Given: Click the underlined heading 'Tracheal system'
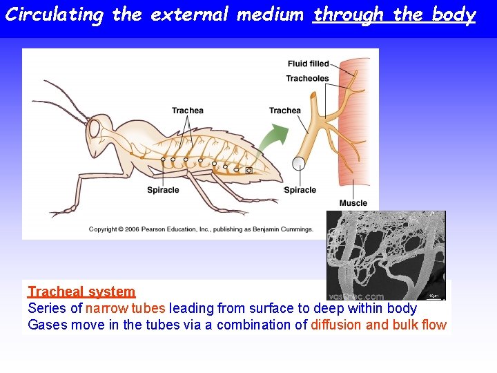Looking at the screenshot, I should (x=81, y=292).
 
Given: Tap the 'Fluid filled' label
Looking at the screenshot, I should (x=308, y=64).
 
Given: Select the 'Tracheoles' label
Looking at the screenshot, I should (x=307, y=78).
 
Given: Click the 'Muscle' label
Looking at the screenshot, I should (x=353, y=203).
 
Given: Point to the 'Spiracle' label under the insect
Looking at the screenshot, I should (x=163, y=190).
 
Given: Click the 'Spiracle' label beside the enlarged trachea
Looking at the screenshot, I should (x=300, y=190).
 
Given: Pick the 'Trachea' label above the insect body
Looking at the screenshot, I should (x=187, y=111).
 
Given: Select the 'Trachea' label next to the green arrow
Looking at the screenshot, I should (x=284, y=111).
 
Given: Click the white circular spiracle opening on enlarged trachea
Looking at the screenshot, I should (x=299, y=164).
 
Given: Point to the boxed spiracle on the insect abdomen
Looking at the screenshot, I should (x=248, y=170).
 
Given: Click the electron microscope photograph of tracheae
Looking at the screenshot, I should (x=385, y=255).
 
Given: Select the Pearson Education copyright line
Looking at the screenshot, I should (x=201, y=229).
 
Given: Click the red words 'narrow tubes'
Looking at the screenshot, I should (x=126, y=309).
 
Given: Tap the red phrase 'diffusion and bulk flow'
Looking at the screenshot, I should (x=378, y=325).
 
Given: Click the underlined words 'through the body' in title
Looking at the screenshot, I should (x=394, y=15).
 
